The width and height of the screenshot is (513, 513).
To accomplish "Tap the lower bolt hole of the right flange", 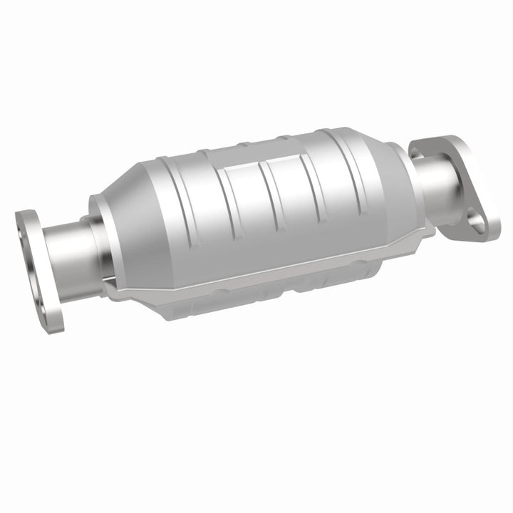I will (x=476, y=222).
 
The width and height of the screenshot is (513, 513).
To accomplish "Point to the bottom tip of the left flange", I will (x=56, y=329).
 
